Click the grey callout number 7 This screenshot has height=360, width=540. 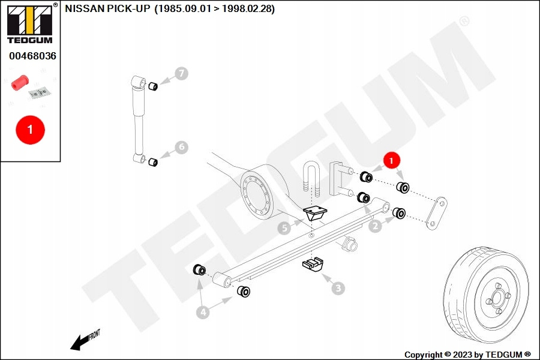181,74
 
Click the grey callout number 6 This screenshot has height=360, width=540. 181,148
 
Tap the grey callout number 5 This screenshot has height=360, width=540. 284,228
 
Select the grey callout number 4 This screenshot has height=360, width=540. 203,313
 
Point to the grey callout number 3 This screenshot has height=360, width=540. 338,289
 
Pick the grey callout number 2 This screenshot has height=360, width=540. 376,226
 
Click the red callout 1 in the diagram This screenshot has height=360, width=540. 391,160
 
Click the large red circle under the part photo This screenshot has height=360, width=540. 31,130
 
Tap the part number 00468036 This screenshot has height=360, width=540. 32,56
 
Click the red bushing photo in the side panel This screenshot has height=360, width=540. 20,83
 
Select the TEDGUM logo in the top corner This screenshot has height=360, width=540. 30,23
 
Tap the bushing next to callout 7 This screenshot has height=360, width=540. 153,86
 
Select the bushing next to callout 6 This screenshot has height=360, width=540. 153,162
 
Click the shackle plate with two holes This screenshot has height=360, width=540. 436,213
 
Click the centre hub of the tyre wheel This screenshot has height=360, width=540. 497,297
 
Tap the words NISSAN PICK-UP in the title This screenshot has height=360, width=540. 108,8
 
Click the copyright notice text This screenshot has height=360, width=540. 467,355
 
